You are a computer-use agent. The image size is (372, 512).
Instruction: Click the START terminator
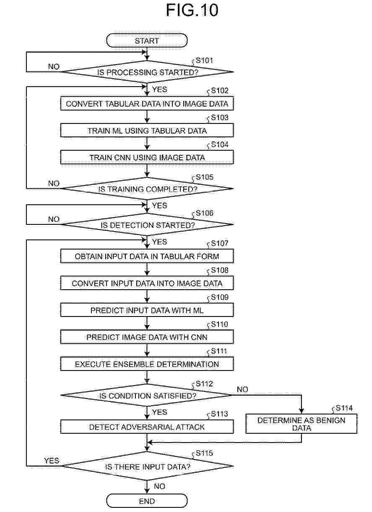pos(147,41)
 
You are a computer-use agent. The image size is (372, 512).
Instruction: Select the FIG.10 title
pos(192,10)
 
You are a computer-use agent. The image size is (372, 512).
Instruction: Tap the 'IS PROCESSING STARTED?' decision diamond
pos(147,72)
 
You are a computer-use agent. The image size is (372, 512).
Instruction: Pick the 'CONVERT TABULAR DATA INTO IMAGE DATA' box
pos(147,103)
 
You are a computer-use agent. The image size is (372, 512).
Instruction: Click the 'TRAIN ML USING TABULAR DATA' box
pos(147,130)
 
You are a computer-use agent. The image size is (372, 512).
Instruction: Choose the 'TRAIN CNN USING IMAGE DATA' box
pos(147,157)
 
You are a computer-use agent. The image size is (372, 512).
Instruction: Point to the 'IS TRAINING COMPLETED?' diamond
pos(147,188)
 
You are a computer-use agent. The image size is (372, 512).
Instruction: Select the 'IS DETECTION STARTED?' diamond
pos(147,224)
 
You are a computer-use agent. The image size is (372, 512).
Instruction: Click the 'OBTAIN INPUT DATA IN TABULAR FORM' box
pos(147,256)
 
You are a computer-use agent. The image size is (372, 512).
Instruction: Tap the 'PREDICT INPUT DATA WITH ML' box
pos(147,310)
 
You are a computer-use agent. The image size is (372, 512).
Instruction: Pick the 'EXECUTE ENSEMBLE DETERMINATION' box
pos(147,364)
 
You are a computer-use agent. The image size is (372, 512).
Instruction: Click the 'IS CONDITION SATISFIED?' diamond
pos(146,395)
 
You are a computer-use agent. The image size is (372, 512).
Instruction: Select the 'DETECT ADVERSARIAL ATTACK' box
pos(147,427)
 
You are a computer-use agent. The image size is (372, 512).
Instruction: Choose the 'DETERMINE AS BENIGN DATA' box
pos(301,424)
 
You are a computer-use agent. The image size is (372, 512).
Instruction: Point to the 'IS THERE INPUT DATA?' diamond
pos(147,466)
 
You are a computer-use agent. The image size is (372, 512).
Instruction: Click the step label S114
pos(344,408)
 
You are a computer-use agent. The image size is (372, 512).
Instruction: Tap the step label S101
pos(204,60)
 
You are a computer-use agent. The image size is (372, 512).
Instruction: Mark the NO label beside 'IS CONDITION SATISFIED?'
pos(242,389)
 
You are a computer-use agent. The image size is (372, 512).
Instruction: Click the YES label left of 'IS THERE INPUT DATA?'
pos(52,461)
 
